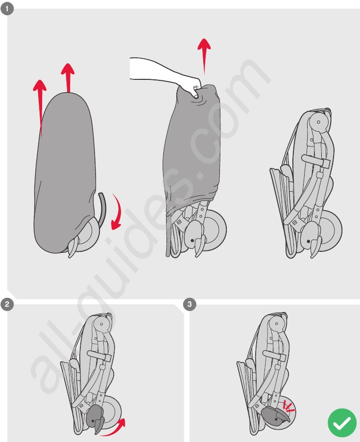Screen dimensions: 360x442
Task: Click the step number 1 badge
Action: tap(7, 8)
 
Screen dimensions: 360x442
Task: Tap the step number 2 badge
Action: tap(7, 304)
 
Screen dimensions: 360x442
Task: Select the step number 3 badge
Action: tap(190, 304)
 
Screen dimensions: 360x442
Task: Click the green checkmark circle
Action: tap(342, 422)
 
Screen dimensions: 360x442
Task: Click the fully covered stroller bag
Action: tap(64, 172)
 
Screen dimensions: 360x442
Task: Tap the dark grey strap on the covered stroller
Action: tap(102, 208)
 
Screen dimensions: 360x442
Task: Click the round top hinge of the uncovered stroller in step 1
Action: tap(318, 122)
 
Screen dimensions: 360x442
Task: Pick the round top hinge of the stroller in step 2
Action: tap(102, 324)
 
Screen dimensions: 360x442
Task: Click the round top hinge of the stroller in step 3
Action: tap(277, 324)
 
